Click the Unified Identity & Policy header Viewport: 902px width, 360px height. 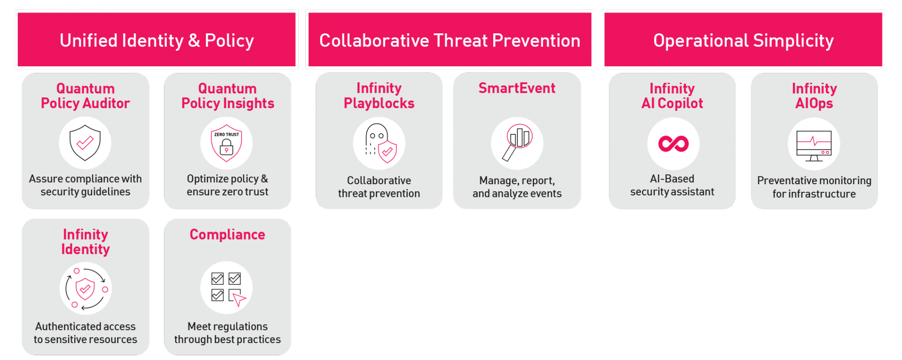pos(156,39)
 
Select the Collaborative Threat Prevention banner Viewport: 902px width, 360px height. pos(450,39)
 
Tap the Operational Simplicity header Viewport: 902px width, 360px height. pos(743,39)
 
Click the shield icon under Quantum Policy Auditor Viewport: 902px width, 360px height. pos(85,143)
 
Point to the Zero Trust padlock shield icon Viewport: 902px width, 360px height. pos(226,143)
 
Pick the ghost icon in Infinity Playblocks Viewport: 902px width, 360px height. pos(377,139)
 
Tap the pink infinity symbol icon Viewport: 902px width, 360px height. pos(673,143)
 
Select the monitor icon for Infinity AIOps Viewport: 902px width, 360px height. pos(814,146)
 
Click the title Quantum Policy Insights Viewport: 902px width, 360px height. pos(227,96)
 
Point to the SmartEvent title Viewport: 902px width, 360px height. pos(517,88)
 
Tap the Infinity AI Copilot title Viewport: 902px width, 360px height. pos(672,96)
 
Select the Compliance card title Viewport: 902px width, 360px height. pos(227,234)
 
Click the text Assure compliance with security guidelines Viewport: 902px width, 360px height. pos(85,185)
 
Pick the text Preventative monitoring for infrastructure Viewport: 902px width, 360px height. pos(814,187)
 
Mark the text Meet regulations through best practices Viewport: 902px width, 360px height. pos(227,333)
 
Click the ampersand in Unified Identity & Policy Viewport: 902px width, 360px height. pos(194,41)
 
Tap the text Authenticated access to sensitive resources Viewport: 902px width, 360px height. pos(85,333)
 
